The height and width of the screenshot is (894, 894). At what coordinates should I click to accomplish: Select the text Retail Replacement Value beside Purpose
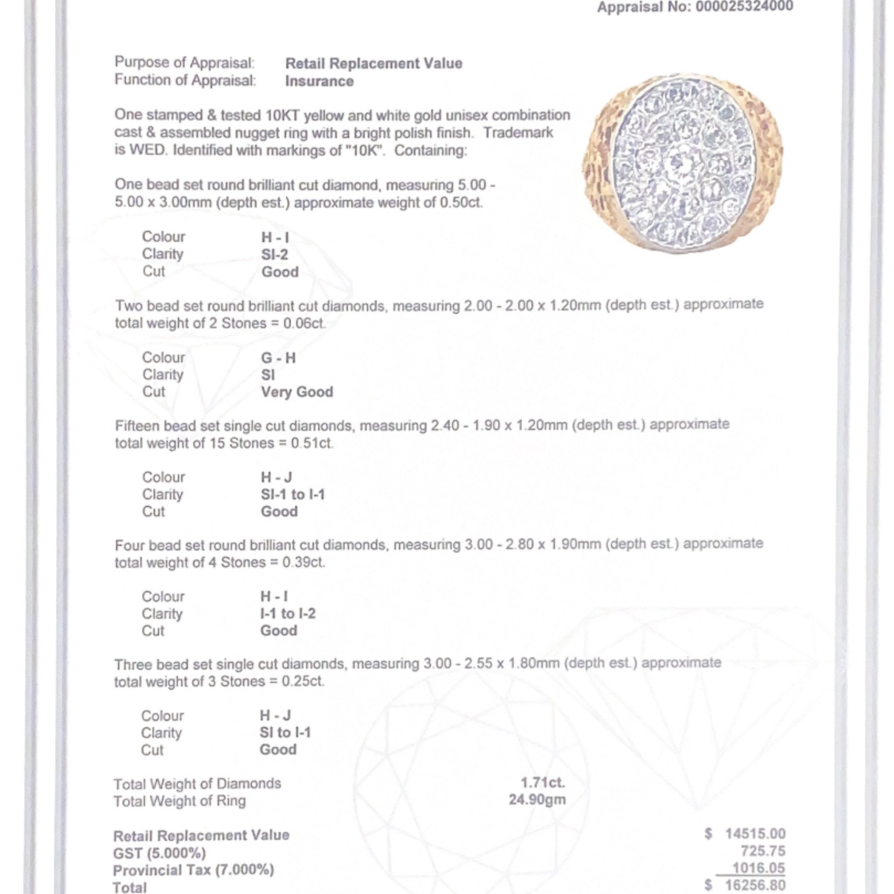373,63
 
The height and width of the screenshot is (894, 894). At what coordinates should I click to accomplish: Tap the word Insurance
319,82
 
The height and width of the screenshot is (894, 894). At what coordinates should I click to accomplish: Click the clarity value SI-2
275,254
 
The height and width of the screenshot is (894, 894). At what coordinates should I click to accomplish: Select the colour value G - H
278,358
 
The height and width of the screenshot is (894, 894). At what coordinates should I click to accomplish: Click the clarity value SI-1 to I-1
292,495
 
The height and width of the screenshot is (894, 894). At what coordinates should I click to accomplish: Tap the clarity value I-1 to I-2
288,614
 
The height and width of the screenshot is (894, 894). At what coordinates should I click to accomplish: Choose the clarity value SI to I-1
285,732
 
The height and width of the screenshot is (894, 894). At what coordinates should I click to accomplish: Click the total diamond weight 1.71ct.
543,783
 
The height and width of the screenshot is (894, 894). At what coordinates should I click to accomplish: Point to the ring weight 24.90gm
537,800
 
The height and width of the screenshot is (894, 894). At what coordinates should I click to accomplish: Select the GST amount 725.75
763,851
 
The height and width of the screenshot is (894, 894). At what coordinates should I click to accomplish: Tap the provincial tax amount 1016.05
759,868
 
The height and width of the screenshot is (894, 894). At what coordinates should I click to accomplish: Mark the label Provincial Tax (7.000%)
193,870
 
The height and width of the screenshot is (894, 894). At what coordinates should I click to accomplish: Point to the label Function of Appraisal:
185,80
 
